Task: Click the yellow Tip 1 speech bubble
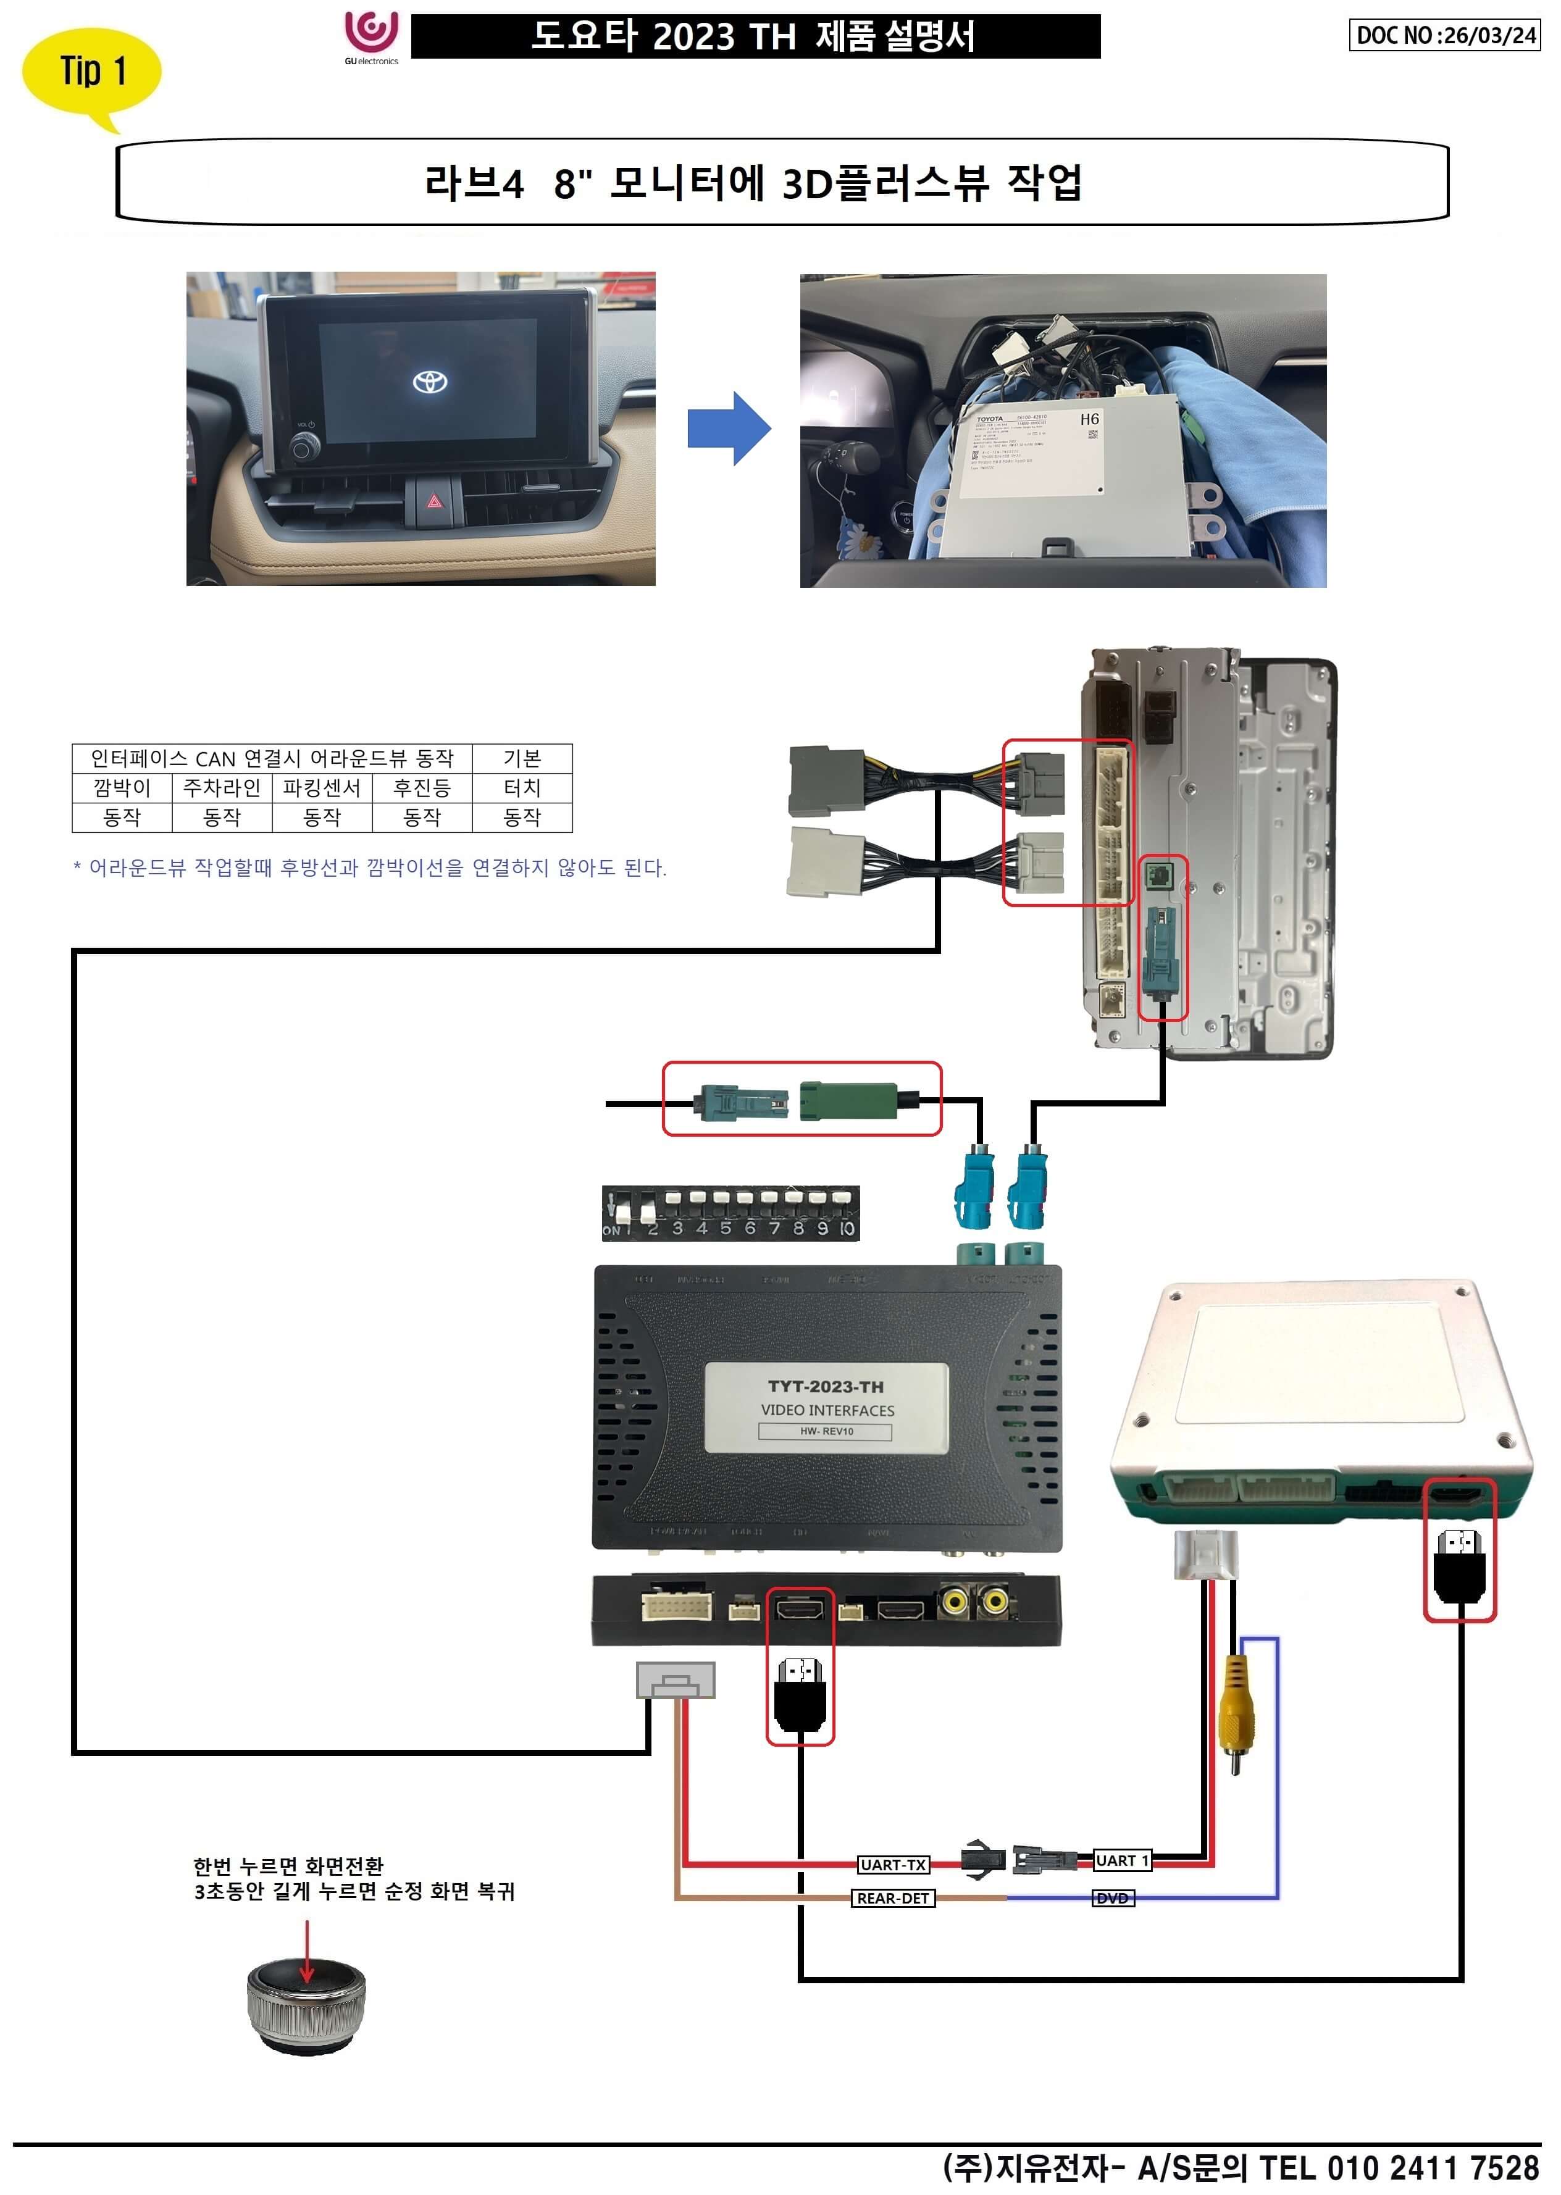click(91, 72)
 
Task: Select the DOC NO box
click(1444, 36)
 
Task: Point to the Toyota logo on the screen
click(430, 382)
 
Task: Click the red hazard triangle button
click(435, 501)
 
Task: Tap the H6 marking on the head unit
click(1089, 419)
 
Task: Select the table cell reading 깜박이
click(122, 788)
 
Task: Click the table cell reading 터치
click(522, 788)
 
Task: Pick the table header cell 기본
click(522, 758)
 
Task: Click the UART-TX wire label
click(893, 1865)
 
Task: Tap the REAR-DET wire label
click(893, 1898)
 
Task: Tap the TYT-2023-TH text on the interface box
click(826, 1387)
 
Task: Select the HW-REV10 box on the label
click(826, 1431)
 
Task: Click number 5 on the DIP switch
click(726, 1227)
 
